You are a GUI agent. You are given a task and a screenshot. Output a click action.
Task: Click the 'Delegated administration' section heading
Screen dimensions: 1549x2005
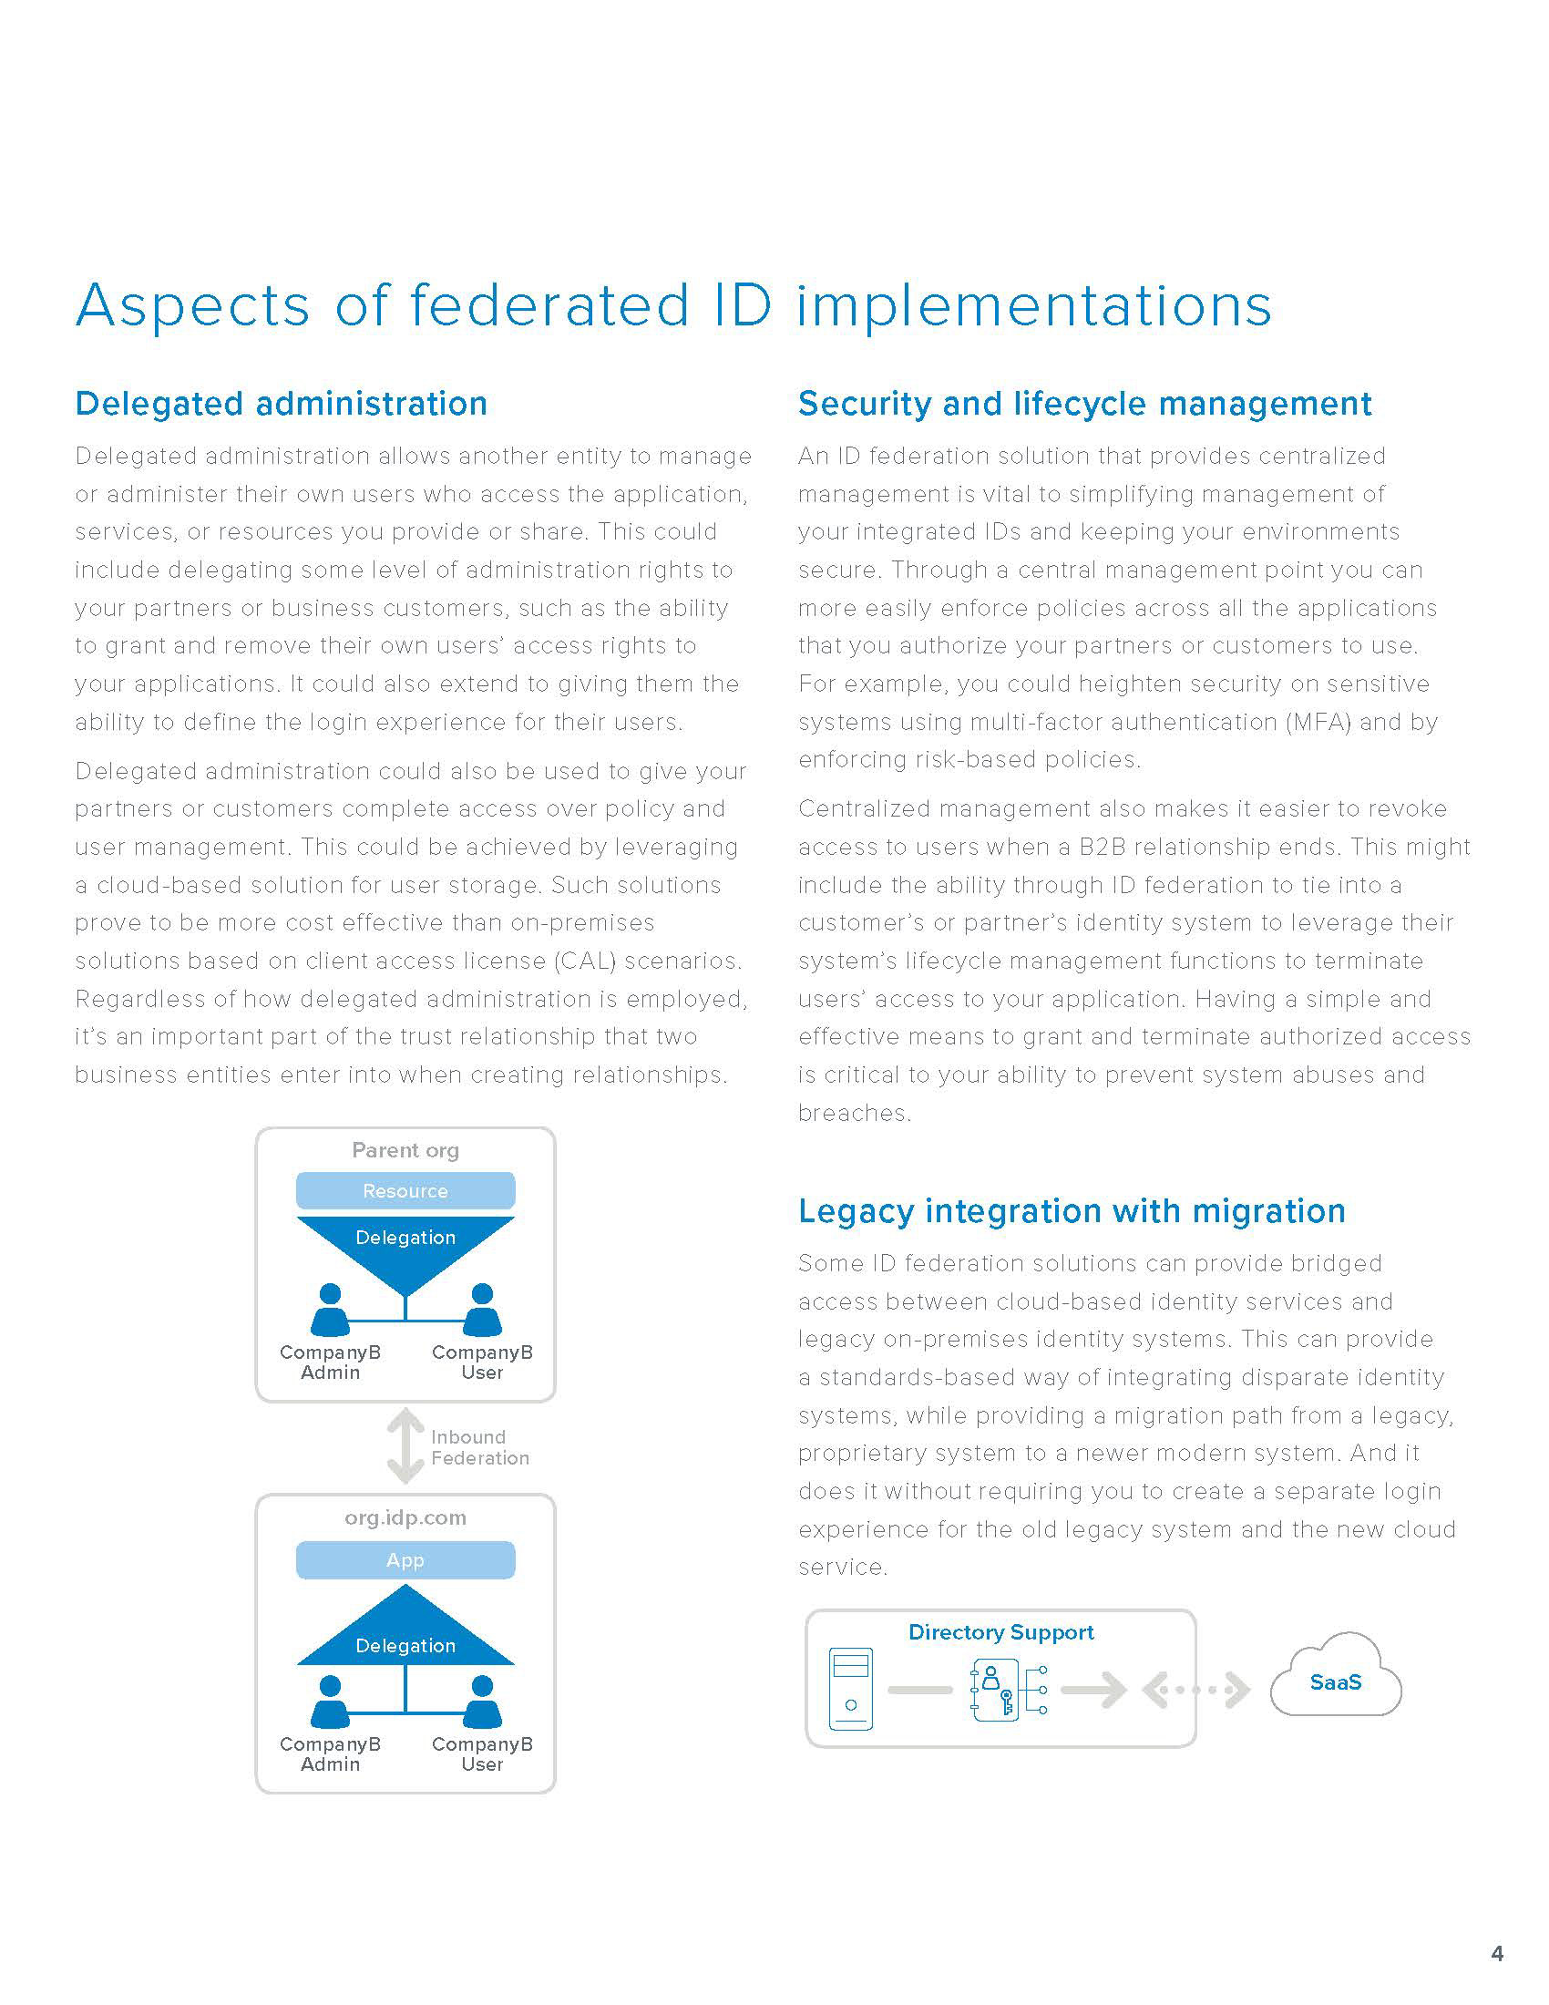(x=281, y=404)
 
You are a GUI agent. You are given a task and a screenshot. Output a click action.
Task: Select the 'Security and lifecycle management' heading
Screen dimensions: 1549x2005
(x=1083, y=404)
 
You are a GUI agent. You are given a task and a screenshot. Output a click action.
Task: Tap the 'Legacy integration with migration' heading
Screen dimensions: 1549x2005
(x=1071, y=1211)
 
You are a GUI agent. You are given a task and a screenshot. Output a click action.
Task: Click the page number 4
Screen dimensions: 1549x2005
(x=1497, y=1953)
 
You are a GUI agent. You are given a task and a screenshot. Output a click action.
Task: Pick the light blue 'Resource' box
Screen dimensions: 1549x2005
(x=405, y=1191)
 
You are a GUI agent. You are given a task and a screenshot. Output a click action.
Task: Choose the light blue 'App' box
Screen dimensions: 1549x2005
(x=405, y=1559)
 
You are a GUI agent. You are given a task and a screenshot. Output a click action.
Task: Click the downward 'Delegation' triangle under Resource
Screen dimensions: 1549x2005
(x=405, y=1244)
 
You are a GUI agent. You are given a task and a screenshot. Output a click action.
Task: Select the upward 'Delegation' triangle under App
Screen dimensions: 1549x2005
(x=405, y=1639)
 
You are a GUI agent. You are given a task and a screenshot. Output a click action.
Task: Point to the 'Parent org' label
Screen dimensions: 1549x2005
(x=405, y=1150)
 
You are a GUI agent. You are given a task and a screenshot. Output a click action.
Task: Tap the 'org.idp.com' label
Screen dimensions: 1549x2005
(x=405, y=1517)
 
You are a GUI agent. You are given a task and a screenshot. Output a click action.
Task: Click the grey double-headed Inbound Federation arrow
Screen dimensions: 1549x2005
(x=405, y=1447)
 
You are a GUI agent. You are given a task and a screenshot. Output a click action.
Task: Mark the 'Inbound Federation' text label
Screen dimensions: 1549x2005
(x=479, y=1448)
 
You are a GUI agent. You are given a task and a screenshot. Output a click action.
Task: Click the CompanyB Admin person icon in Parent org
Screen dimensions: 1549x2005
(x=330, y=1310)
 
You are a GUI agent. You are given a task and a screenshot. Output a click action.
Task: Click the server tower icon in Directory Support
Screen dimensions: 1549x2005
(x=850, y=1689)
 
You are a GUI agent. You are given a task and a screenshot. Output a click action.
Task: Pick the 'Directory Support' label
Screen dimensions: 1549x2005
(x=1000, y=1632)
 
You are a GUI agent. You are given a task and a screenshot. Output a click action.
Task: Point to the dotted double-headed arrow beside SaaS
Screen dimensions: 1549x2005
(x=1195, y=1689)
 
